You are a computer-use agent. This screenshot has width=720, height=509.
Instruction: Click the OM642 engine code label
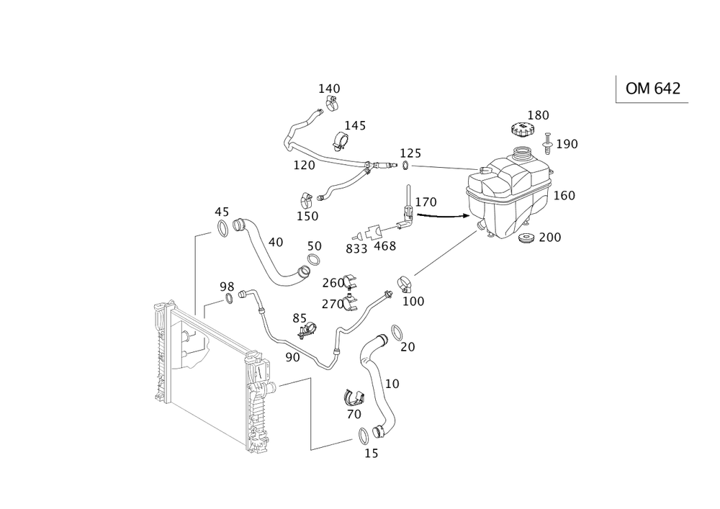click(x=652, y=89)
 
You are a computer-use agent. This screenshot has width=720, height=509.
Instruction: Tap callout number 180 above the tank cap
click(x=539, y=115)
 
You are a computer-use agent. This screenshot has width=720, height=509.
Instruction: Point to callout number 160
click(x=564, y=196)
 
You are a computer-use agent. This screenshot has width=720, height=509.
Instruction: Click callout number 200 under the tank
click(x=550, y=238)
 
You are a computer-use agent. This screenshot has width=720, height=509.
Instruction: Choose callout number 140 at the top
click(x=330, y=89)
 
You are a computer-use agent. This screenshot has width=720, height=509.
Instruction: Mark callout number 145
click(x=355, y=126)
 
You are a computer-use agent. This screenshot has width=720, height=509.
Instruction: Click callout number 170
click(x=426, y=204)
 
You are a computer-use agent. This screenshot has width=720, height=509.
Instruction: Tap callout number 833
click(x=356, y=249)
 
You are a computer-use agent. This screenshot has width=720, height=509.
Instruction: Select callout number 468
click(x=385, y=246)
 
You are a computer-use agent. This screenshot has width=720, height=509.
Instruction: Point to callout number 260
click(x=333, y=281)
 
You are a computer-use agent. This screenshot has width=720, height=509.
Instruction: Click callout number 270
click(x=333, y=304)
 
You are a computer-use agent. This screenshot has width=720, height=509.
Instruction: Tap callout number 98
click(x=228, y=287)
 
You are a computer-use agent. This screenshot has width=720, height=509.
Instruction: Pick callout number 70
click(x=354, y=415)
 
